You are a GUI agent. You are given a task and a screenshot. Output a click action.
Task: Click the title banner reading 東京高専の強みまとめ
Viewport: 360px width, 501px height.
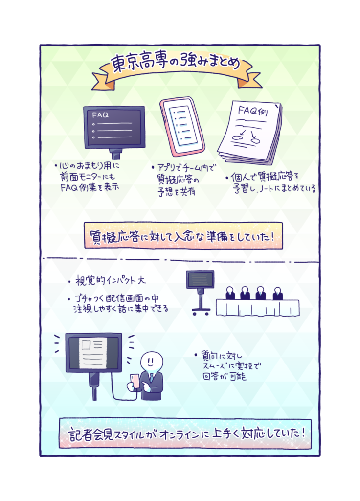tap(177, 68)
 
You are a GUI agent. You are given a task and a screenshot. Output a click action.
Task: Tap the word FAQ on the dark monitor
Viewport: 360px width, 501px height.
tap(100, 115)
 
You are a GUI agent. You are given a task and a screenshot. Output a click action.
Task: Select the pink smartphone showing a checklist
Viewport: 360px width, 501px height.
tap(182, 127)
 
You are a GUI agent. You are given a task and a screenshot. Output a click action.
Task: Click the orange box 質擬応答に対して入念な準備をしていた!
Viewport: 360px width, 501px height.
tap(183, 236)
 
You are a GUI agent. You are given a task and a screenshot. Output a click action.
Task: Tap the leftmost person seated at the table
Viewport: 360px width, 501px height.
tap(230, 293)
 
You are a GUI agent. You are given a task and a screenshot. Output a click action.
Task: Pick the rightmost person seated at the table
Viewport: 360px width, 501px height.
tap(277, 294)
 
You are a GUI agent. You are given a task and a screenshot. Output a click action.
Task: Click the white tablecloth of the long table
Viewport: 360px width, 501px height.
tap(257, 307)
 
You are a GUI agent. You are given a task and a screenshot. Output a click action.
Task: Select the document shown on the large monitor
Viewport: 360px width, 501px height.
tap(93, 352)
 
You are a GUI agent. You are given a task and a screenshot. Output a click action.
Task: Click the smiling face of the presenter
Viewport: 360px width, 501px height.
tap(152, 362)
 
